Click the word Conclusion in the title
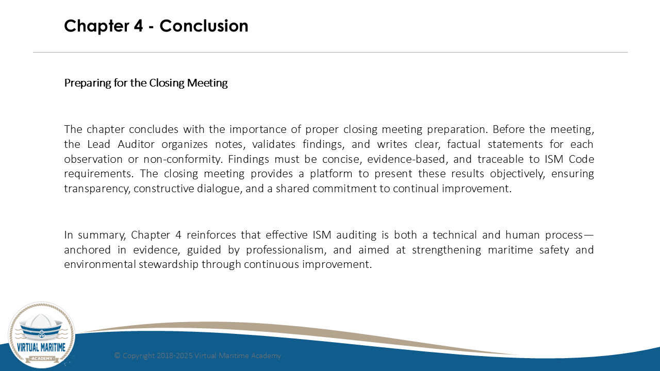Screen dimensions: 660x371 point(204,26)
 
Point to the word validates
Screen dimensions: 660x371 point(273,144)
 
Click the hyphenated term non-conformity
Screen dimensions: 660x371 point(182,159)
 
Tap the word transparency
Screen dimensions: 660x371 point(97,189)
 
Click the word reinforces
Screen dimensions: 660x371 point(211,235)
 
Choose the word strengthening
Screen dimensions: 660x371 point(447,250)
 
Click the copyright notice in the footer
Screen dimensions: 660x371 point(197,356)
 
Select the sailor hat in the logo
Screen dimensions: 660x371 point(41,327)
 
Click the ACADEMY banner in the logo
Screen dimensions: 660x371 point(42,358)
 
